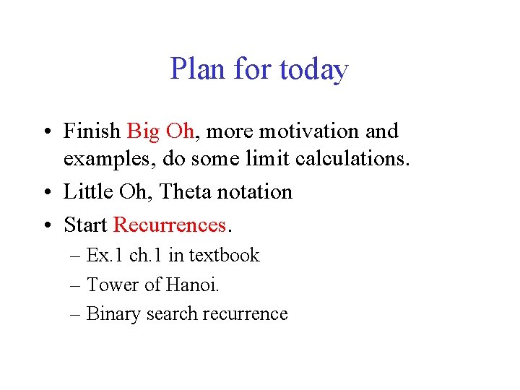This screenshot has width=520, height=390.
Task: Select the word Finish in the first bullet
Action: click(x=92, y=131)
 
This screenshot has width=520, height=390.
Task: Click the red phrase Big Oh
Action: click(x=160, y=131)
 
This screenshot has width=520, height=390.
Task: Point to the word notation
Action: click(x=258, y=191)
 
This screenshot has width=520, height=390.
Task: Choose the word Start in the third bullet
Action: click(x=85, y=225)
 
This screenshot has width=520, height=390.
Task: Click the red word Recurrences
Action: click(x=170, y=225)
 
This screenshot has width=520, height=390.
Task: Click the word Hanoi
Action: click(x=191, y=285)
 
